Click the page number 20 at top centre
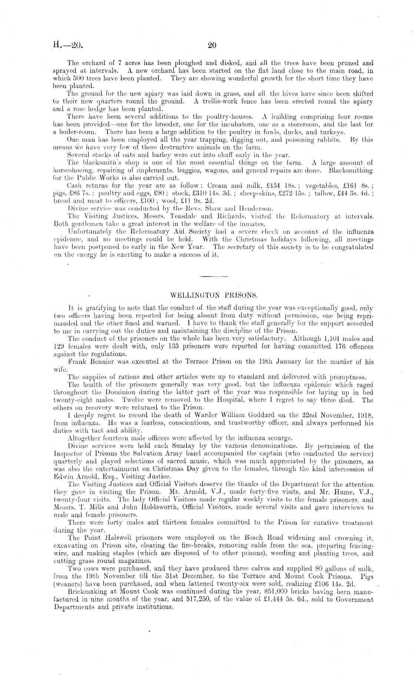pos(212,46)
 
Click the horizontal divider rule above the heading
pos(213,276)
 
